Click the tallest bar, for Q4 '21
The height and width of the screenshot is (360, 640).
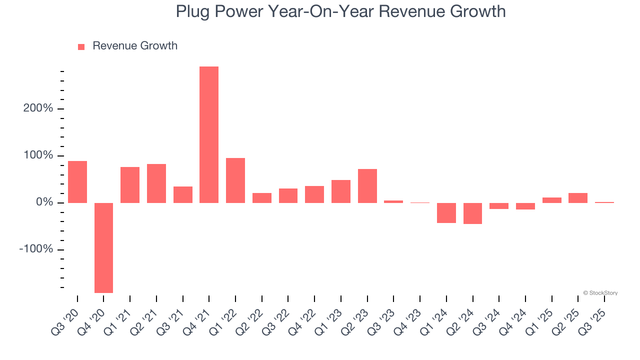click(x=209, y=135)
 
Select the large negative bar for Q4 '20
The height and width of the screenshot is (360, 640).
click(x=103, y=247)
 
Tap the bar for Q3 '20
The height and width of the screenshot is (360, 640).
click(x=77, y=182)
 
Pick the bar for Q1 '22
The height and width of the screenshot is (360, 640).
click(x=235, y=180)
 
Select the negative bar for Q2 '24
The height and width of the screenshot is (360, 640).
click(x=472, y=213)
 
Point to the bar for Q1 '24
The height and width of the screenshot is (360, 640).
click(x=446, y=213)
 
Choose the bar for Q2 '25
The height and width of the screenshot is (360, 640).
click(x=578, y=198)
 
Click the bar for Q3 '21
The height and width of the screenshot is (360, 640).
click(x=183, y=194)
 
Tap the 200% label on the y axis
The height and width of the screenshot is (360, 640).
click(x=38, y=108)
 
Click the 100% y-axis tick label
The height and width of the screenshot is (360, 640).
click(x=38, y=155)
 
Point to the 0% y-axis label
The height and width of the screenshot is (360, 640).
click(x=43, y=202)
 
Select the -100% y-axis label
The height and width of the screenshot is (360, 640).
click(x=36, y=249)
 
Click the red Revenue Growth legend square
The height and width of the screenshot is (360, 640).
click(x=81, y=46)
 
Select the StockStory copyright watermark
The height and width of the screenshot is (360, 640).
click(x=600, y=293)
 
